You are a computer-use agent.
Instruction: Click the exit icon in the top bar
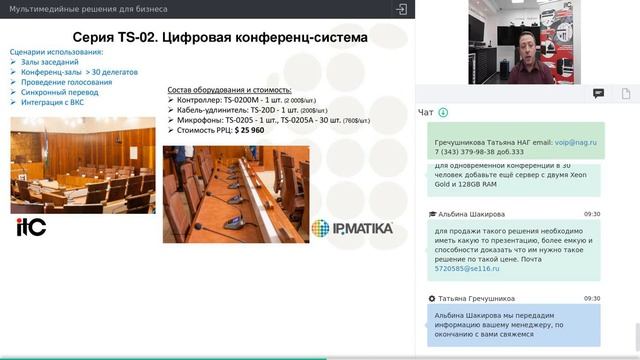pyautogui.click(x=401, y=9)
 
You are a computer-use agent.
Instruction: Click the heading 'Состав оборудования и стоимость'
pyautogui.click(x=229, y=90)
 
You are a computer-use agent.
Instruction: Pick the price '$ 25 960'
pyautogui.click(x=249, y=130)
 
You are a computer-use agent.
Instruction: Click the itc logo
pyautogui.click(x=31, y=226)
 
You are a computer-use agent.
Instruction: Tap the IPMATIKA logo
pyautogui.click(x=352, y=228)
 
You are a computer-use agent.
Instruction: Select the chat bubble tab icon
pyautogui.click(x=598, y=93)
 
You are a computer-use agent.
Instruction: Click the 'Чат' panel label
pyautogui.click(x=426, y=113)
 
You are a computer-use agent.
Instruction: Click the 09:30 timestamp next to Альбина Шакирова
pyautogui.click(x=592, y=214)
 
